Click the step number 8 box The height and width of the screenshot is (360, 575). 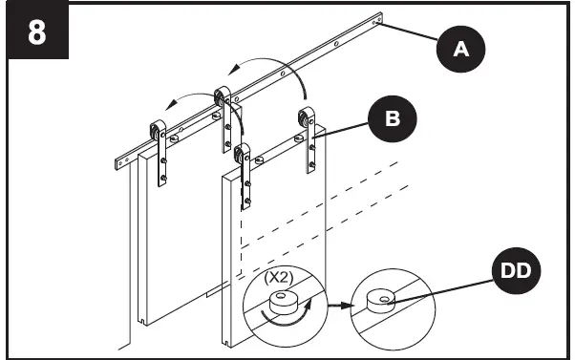pyautogui.click(x=36, y=32)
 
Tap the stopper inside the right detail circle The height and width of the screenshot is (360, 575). pyautogui.click(x=379, y=302)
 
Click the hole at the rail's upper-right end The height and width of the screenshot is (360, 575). pyautogui.click(x=381, y=17)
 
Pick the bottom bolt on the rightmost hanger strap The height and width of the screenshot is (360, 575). pyautogui.click(x=310, y=168)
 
